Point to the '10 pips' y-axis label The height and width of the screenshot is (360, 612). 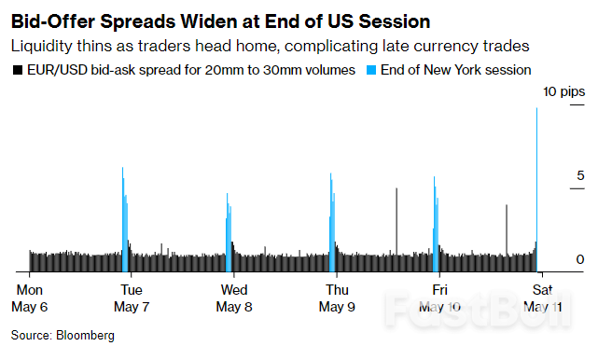pyautogui.click(x=564, y=90)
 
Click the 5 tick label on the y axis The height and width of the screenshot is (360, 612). pyautogui.click(x=579, y=175)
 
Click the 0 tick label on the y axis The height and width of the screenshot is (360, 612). pyautogui.click(x=579, y=258)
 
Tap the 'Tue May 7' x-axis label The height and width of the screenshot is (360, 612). pyautogui.click(x=132, y=298)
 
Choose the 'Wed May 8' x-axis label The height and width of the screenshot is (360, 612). pyautogui.click(x=233, y=298)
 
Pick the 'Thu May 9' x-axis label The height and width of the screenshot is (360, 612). pyautogui.click(x=336, y=298)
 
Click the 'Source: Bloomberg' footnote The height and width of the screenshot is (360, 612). pyautogui.click(x=62, y=334)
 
